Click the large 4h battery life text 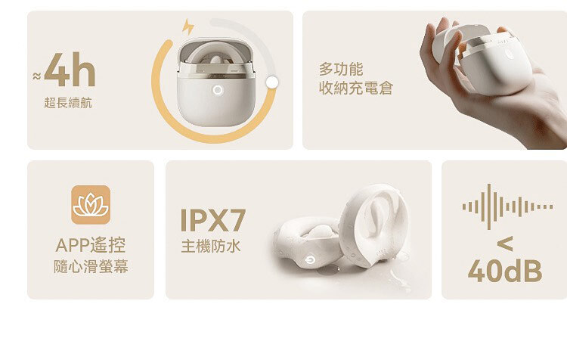[x=70, y=73]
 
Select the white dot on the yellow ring [x=273, y=82]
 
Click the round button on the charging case [x=218, y=90]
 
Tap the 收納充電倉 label [x=356, y=89]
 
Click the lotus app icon [x=91, y=204]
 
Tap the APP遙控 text [x=91, y=245]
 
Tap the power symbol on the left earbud [x=311, y=259]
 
